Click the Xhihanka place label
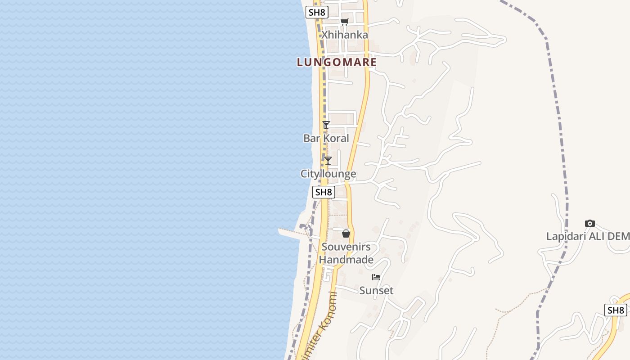pos(344,35)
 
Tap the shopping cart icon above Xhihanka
pos(345,22)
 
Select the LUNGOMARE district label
pos(337,62)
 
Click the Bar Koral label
pos(326,138)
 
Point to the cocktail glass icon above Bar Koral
pos(326,125)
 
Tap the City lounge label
pos(328,174)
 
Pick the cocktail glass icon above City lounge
pos(328,161)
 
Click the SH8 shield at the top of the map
pos(317,12)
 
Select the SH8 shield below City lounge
pos(324,192)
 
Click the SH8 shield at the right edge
pos(616,310)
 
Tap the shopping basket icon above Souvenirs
pos(346,234)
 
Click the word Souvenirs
pos(346,247)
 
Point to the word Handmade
pos(346,260)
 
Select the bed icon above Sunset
pos(376,277)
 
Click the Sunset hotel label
pos(376,290)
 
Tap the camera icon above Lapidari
pos(589,223)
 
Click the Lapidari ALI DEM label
pos(588,236)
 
